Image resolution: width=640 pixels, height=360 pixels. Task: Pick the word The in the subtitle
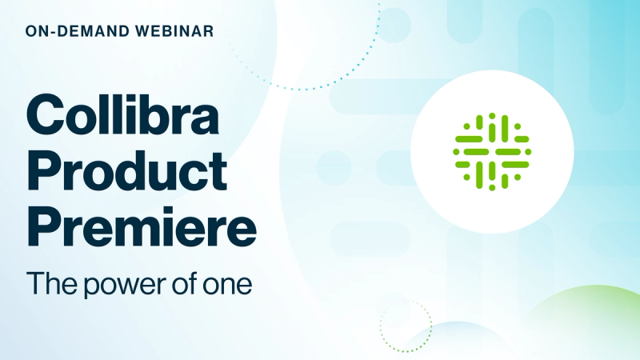pyautogui.click(x=49, y=284)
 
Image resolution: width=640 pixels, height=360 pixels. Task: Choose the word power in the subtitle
pyautogui.click(x=116, y=286)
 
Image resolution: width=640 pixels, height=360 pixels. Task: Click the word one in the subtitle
pyautogui.click(x=227, y=286)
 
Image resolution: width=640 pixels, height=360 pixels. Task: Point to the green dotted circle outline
pyautogui.click(x=406, y=327)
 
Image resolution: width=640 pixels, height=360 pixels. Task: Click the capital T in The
pyautogui.click(x=35, y=284)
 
